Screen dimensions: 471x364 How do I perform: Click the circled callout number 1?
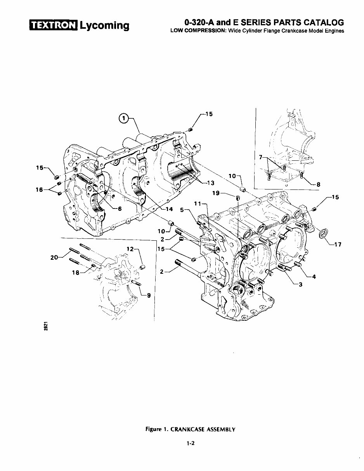pyautogui.click(x=123, y=118)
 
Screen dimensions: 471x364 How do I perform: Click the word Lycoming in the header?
pyautogui.click(x=104, y=26)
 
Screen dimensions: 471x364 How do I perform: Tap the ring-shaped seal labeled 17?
pyautogui.click(x=323, y=234)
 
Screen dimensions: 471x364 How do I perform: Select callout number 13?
pyautogui.click(x=210, y=182)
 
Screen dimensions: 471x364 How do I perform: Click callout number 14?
pyautogui.click(x=169, y=209)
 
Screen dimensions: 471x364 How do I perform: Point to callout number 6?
pyautogui.click(x=120, y=208)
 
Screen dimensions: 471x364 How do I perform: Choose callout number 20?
pyautogui.click(x=55, y=257)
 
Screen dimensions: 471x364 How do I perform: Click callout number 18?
pyautogui.click(x=76, y=273)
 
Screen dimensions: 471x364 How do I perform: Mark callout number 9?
pyautogui.click(x=149, y=294)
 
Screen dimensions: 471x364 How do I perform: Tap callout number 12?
pyautogui.click(x=130, y=249)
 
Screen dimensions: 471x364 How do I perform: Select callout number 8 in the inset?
pyautogui.click(x=318, y=185)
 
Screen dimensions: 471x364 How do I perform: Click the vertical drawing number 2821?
pyautogui.click(x=46, y=326)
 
